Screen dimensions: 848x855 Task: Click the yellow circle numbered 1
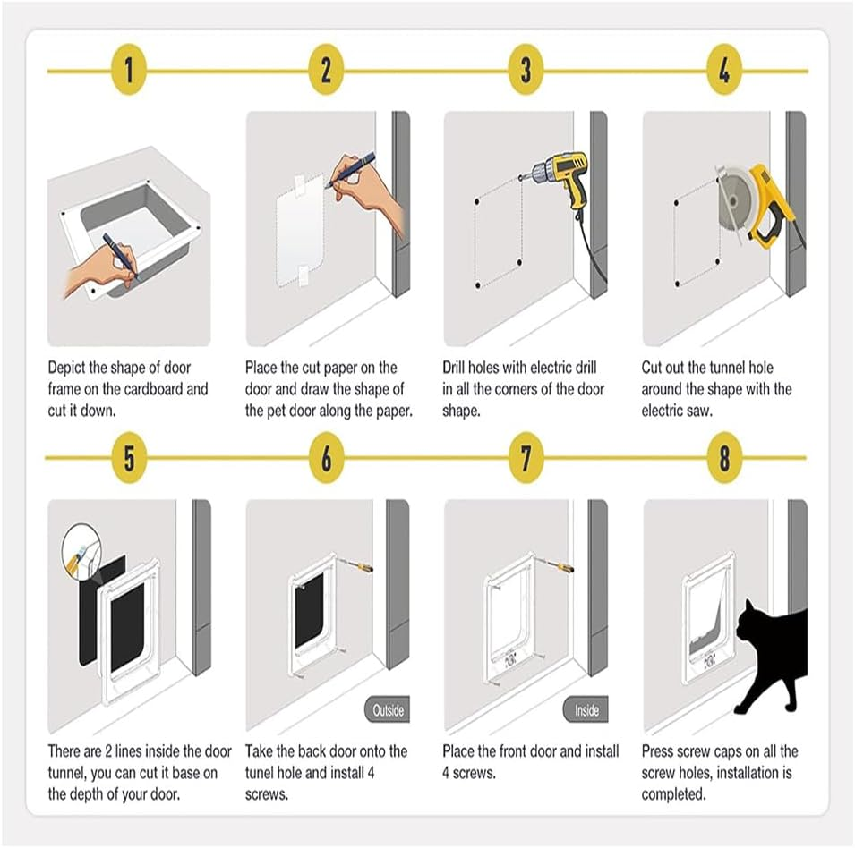pyautogui.click(x=129, y=71)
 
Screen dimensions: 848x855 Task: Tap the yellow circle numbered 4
pyautogui.click(x=724, y=71)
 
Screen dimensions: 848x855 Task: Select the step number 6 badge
pyautogui.click(x=327, y=458)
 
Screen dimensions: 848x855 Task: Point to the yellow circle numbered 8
pyautogui.click(x=724, y=458)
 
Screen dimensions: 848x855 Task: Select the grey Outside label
pyautogui.click(x=388, y=711)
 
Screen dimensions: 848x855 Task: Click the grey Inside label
pyautogui.click(x=586, y=711)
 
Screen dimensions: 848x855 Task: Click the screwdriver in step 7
pyautogui.click(x=556, y=564)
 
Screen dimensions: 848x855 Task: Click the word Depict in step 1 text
pyautogui.click(x=69, y=368)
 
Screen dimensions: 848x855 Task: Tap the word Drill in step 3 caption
pyautogui.click(x=457, y=368)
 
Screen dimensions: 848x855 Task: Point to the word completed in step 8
pyautogui.click(x=674, y=794)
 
